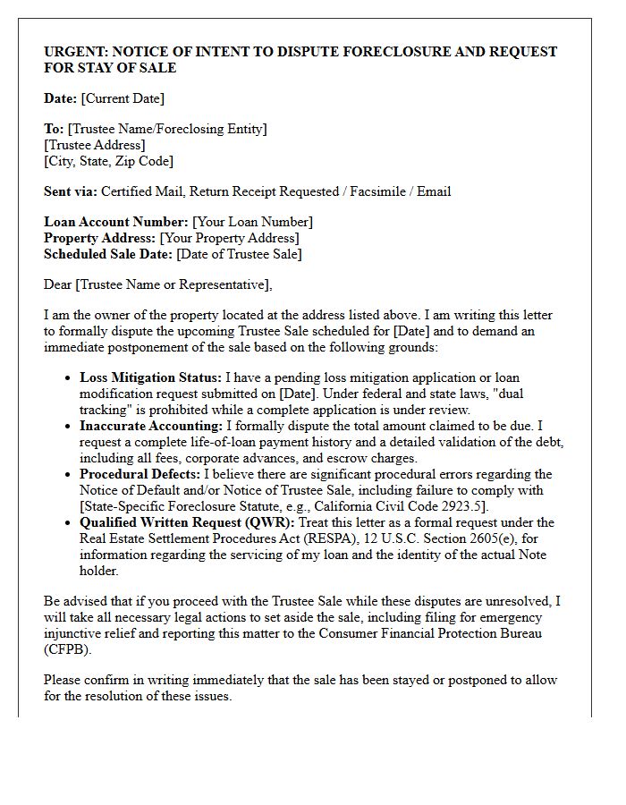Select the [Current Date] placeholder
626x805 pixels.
[123, 98]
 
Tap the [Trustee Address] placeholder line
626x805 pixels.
[95, 145]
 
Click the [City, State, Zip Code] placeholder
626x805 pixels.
[108, 161]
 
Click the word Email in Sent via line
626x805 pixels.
[434, 191]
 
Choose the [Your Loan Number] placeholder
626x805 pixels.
[252, 222]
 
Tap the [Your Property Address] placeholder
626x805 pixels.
[229, 238]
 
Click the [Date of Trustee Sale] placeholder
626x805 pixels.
[239, 254]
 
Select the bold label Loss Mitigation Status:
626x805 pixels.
[150, 377]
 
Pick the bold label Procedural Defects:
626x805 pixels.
[140, 474]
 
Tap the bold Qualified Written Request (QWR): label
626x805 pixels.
[187, 522]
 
